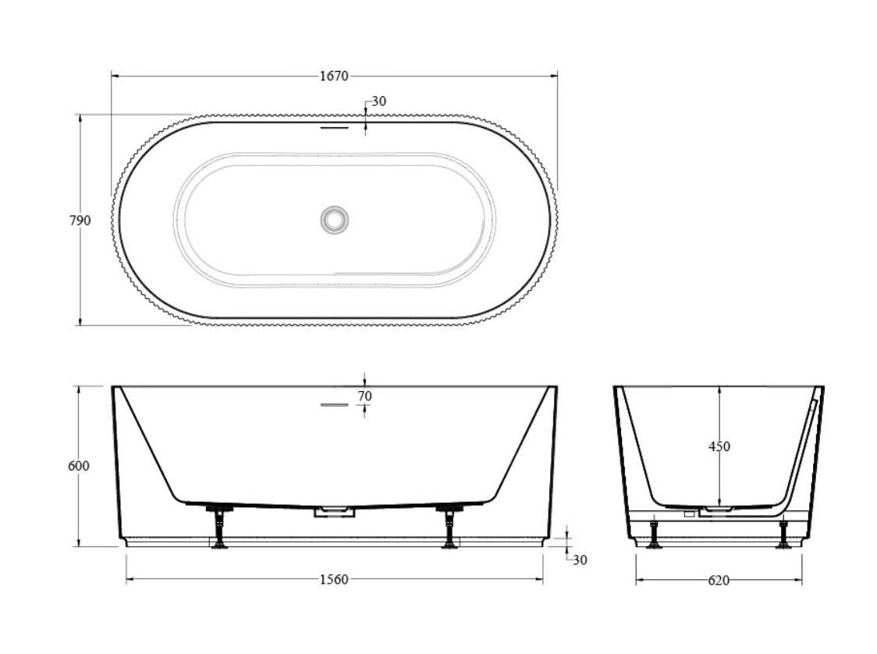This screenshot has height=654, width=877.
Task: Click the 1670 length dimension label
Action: coord(333,76)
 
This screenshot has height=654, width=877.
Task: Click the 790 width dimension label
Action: coord(80,221)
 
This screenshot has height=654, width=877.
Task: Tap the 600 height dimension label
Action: coord(80,466)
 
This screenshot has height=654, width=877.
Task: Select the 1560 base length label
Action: coord(334,580)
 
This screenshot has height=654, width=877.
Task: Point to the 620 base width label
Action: coord(719,580)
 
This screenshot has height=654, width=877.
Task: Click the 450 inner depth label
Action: coord(719,446)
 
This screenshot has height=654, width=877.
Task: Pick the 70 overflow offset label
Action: coord(364,396)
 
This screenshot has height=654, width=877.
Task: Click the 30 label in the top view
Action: coord(378,101)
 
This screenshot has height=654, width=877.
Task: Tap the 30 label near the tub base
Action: coord(580,560)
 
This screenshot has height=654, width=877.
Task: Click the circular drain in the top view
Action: coord(334,220)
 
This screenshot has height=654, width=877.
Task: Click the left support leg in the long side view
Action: coord(220,527)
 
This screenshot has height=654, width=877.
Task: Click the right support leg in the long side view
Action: coord(449,527)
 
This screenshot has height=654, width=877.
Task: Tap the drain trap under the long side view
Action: coord(334,512)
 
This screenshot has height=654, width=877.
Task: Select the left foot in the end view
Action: coord(654,535)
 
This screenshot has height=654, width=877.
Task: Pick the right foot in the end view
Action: coord(783,535)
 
